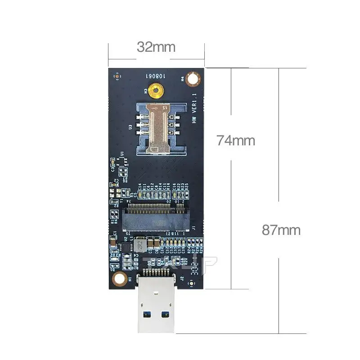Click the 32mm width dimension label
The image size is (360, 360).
click(x=156, y=46)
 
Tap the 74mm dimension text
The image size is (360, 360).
click(x=235, y=140)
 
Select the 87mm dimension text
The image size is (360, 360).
click(x=281, y=230)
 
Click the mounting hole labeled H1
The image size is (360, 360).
click(x=119, y=279)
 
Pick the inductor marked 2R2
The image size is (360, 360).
click(x=140, y=246)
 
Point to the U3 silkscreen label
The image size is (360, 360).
click(x=130, y=127)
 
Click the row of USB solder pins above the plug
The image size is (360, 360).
click(x=156, y=272)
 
